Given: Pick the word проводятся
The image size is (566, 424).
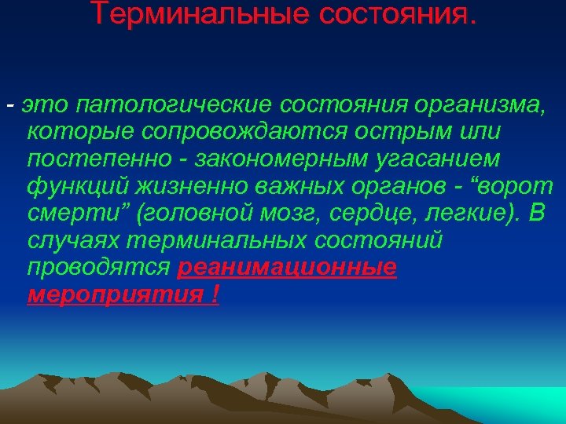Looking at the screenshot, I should [98, 267].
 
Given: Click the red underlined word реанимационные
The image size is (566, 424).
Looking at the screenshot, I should [287, 267].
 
